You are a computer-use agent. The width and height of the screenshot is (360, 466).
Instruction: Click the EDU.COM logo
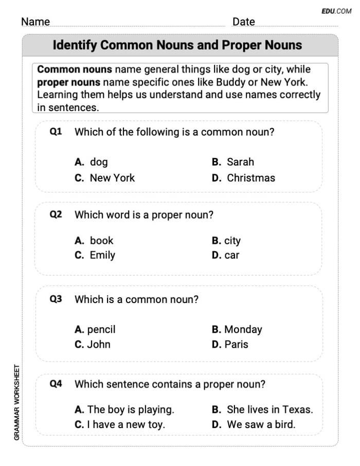tap(336, 10)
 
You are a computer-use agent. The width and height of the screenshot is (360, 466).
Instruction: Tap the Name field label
tap(35, 22)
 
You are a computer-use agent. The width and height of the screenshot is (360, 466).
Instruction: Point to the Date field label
tap(243, 22)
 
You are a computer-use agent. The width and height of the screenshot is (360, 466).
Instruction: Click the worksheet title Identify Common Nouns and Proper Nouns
tap(177, 45)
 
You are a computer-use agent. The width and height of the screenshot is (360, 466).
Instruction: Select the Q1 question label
tap(56, 132)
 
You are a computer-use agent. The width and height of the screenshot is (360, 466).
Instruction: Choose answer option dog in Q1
tap(98, 162)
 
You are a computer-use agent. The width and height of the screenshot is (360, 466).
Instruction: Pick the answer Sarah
tap(240, 162)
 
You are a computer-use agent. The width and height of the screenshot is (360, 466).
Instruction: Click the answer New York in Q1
tap(112, 178)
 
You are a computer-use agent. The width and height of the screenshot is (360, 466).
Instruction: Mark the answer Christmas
tap(251, 178)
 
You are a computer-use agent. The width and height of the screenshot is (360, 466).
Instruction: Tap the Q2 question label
tap(56, 215)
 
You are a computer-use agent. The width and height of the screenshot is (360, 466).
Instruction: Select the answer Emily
tap(102, 255)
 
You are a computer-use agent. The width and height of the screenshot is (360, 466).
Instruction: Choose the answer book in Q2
tap(101, 241)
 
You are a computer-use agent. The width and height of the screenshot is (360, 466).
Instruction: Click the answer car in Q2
tap(231, 255)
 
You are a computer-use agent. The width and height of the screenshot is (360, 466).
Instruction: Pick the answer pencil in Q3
tap(101, 330)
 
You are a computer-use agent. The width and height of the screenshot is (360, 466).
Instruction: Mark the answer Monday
tap(243, 330)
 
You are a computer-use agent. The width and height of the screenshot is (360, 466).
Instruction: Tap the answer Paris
tap(236, 345)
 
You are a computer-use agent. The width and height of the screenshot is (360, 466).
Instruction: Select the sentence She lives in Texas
tap(269, 410)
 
